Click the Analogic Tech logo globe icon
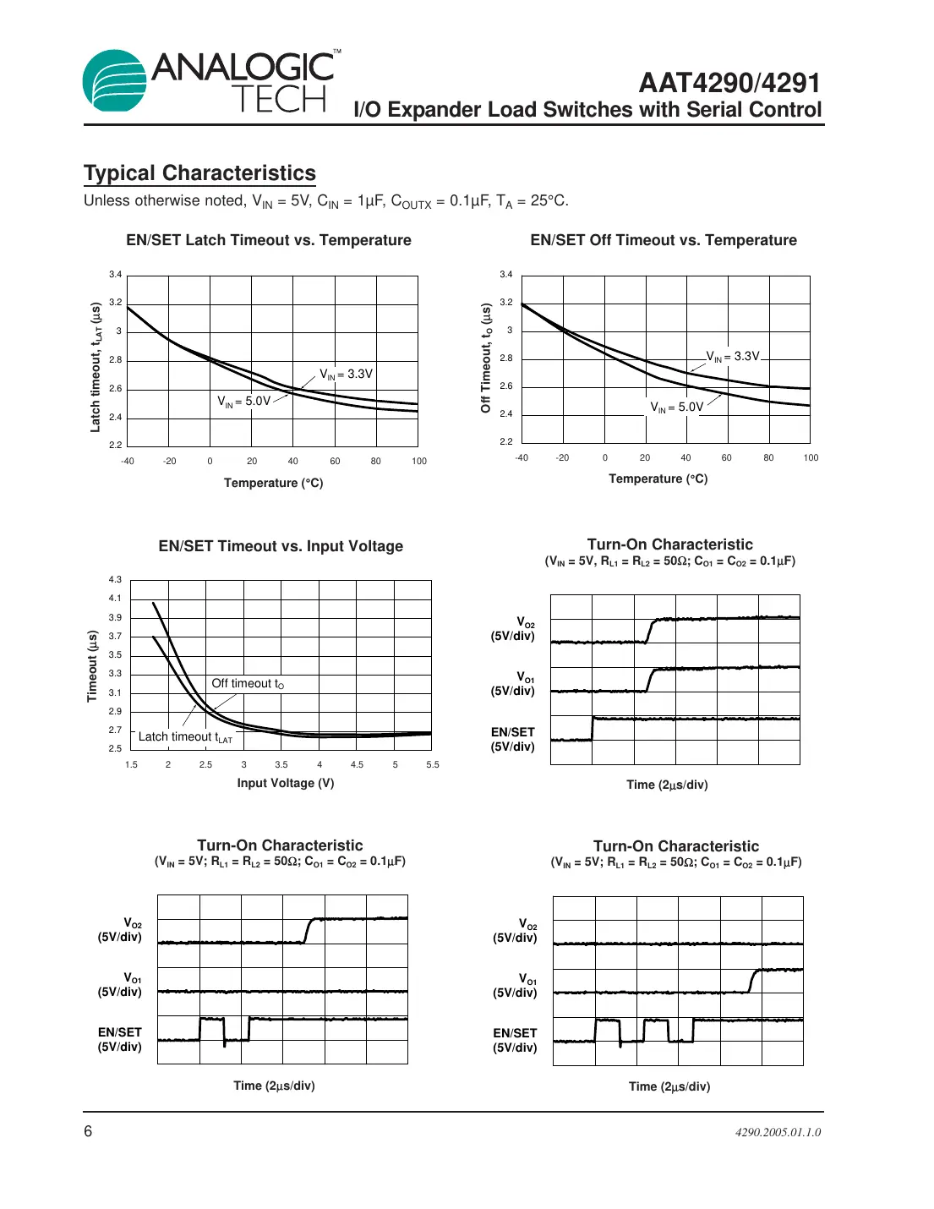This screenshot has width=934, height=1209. [113, 81]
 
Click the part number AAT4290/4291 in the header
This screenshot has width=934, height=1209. [729, 83]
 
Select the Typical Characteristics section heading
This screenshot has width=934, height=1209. [199, 173]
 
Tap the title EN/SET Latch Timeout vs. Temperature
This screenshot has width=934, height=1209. [269, 240]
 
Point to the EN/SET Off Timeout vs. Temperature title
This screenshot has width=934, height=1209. [664, 240]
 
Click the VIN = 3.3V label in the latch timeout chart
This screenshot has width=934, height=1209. [346, 374]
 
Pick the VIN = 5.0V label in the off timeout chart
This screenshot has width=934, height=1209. [676, 408]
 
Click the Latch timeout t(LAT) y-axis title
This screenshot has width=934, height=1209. [96, 367]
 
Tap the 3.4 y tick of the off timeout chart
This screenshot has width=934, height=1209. [505, 275]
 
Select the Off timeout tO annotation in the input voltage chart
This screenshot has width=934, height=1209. [248, 684]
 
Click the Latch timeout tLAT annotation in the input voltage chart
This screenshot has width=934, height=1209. [185, 737]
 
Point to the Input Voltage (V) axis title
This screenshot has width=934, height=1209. [286, 783]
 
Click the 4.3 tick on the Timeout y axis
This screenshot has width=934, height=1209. [115, 580]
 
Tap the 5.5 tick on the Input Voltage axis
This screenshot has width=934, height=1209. [433, 764]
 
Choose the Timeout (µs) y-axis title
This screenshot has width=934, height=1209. [92, 666]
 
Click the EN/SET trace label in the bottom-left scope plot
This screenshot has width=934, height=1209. [120, 1039]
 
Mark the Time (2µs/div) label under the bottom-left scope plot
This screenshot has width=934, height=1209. [274, 1086]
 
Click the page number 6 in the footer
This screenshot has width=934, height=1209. [88, 1131]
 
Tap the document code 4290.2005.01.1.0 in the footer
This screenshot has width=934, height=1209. [778, 1132]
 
